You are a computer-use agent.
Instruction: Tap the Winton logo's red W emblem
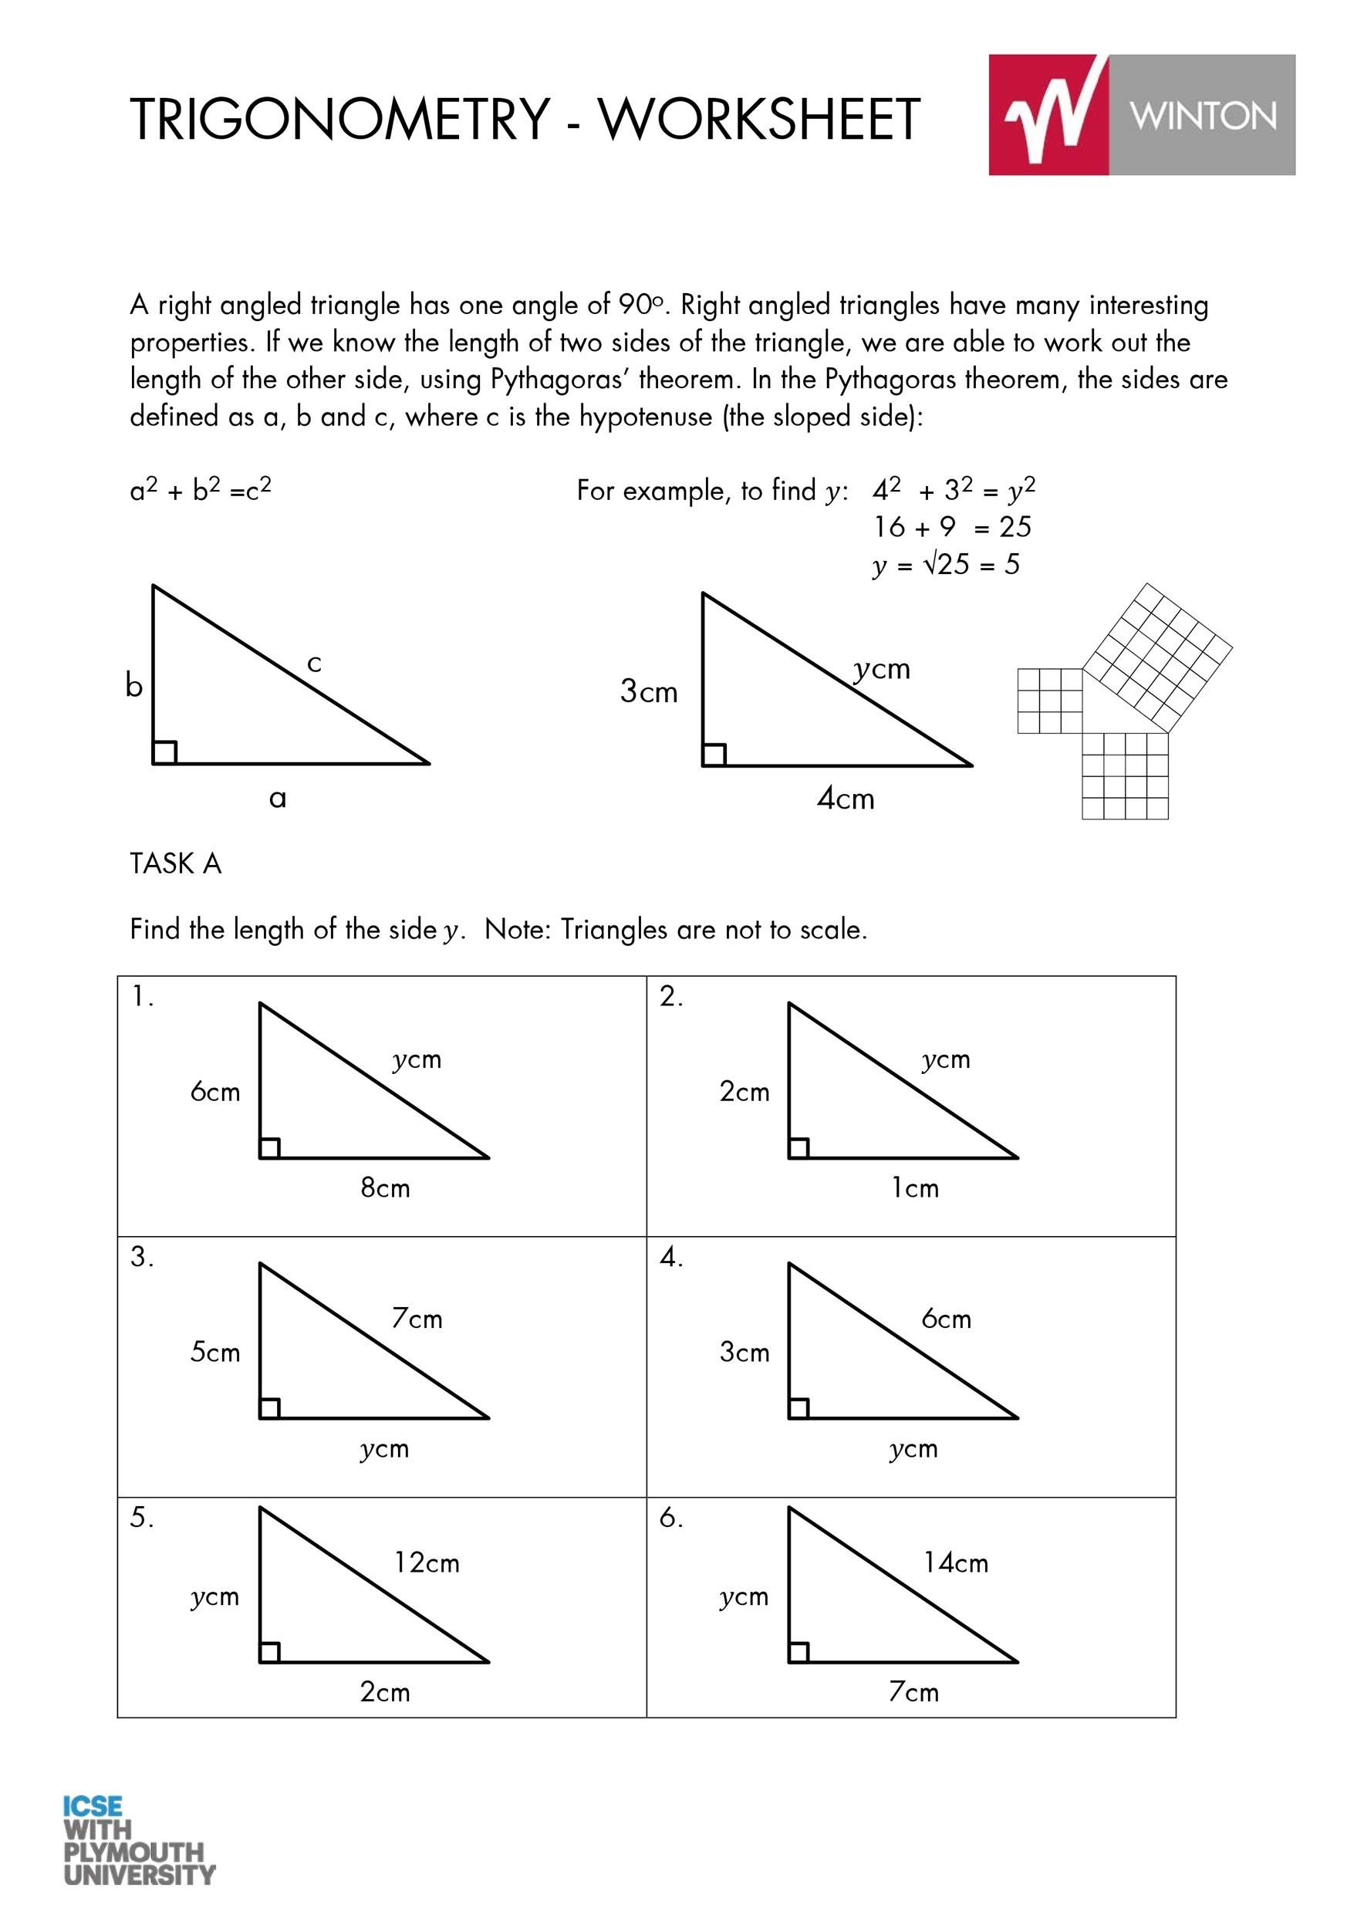[1050, 114]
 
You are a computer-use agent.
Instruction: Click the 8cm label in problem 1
[386, 1188]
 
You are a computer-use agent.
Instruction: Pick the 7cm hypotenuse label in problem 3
[417, 1318]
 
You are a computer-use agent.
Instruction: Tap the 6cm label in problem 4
[946, 1318]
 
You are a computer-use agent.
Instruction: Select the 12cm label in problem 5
[427, 1562]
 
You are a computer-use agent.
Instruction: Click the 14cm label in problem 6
[956, 1562]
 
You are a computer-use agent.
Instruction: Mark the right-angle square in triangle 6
[798, 1652]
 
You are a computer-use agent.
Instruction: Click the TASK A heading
[176, 863]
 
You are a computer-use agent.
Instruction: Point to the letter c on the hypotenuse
[315, 664]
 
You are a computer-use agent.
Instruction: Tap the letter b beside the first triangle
[133, 686]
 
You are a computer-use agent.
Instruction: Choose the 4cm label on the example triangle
[846, 798]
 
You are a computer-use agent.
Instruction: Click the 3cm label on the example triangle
[648, 691]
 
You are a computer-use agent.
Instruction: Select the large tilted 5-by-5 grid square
[1157, 657]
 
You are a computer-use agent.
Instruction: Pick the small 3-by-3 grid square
[1050, 701]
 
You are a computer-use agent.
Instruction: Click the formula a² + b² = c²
[201, 489]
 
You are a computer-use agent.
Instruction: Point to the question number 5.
[141, 1517]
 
